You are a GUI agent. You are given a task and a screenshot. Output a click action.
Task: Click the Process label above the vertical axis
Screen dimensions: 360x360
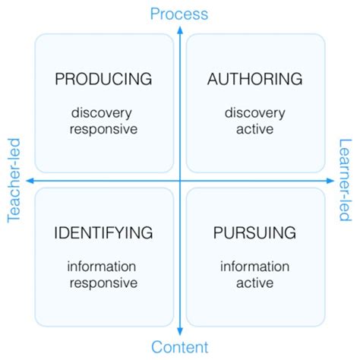point(179,13)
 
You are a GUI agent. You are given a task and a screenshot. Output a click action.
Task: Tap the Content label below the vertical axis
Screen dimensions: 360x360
point(179,348)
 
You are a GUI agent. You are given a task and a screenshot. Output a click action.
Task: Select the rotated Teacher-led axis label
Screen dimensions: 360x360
point(13,180)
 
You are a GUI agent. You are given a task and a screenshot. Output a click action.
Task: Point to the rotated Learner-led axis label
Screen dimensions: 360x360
point(346,180)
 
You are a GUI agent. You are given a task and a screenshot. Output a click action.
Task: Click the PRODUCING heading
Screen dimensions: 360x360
point(103,79)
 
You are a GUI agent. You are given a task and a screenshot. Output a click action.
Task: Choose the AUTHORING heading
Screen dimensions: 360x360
point(255,79)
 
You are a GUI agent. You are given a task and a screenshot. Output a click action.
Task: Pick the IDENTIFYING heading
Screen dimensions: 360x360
point(103,232)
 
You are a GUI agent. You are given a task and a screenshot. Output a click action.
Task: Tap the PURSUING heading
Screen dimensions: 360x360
point(255,232)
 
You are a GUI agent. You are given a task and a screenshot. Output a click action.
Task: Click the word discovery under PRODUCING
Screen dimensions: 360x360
point(103,113)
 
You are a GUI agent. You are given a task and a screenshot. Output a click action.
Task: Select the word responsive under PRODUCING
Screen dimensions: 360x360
point(103,128)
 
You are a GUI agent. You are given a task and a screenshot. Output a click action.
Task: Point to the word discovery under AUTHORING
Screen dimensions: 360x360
point(255,113)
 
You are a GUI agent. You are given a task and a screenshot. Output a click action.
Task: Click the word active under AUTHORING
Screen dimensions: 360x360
point(255,128)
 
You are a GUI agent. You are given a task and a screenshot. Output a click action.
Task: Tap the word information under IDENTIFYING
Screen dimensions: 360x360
point(103,267)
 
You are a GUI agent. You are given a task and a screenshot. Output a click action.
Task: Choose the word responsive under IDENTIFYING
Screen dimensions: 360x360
point(103,283)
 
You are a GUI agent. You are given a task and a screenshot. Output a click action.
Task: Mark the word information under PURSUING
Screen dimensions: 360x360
point(255,267)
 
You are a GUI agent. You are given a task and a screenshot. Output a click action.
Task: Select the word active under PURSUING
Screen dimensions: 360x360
point(255,283)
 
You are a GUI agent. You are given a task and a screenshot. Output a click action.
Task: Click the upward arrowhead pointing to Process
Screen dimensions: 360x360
point(179,30)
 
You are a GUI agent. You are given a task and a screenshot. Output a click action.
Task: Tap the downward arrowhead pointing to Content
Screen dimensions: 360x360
point(179,331)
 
